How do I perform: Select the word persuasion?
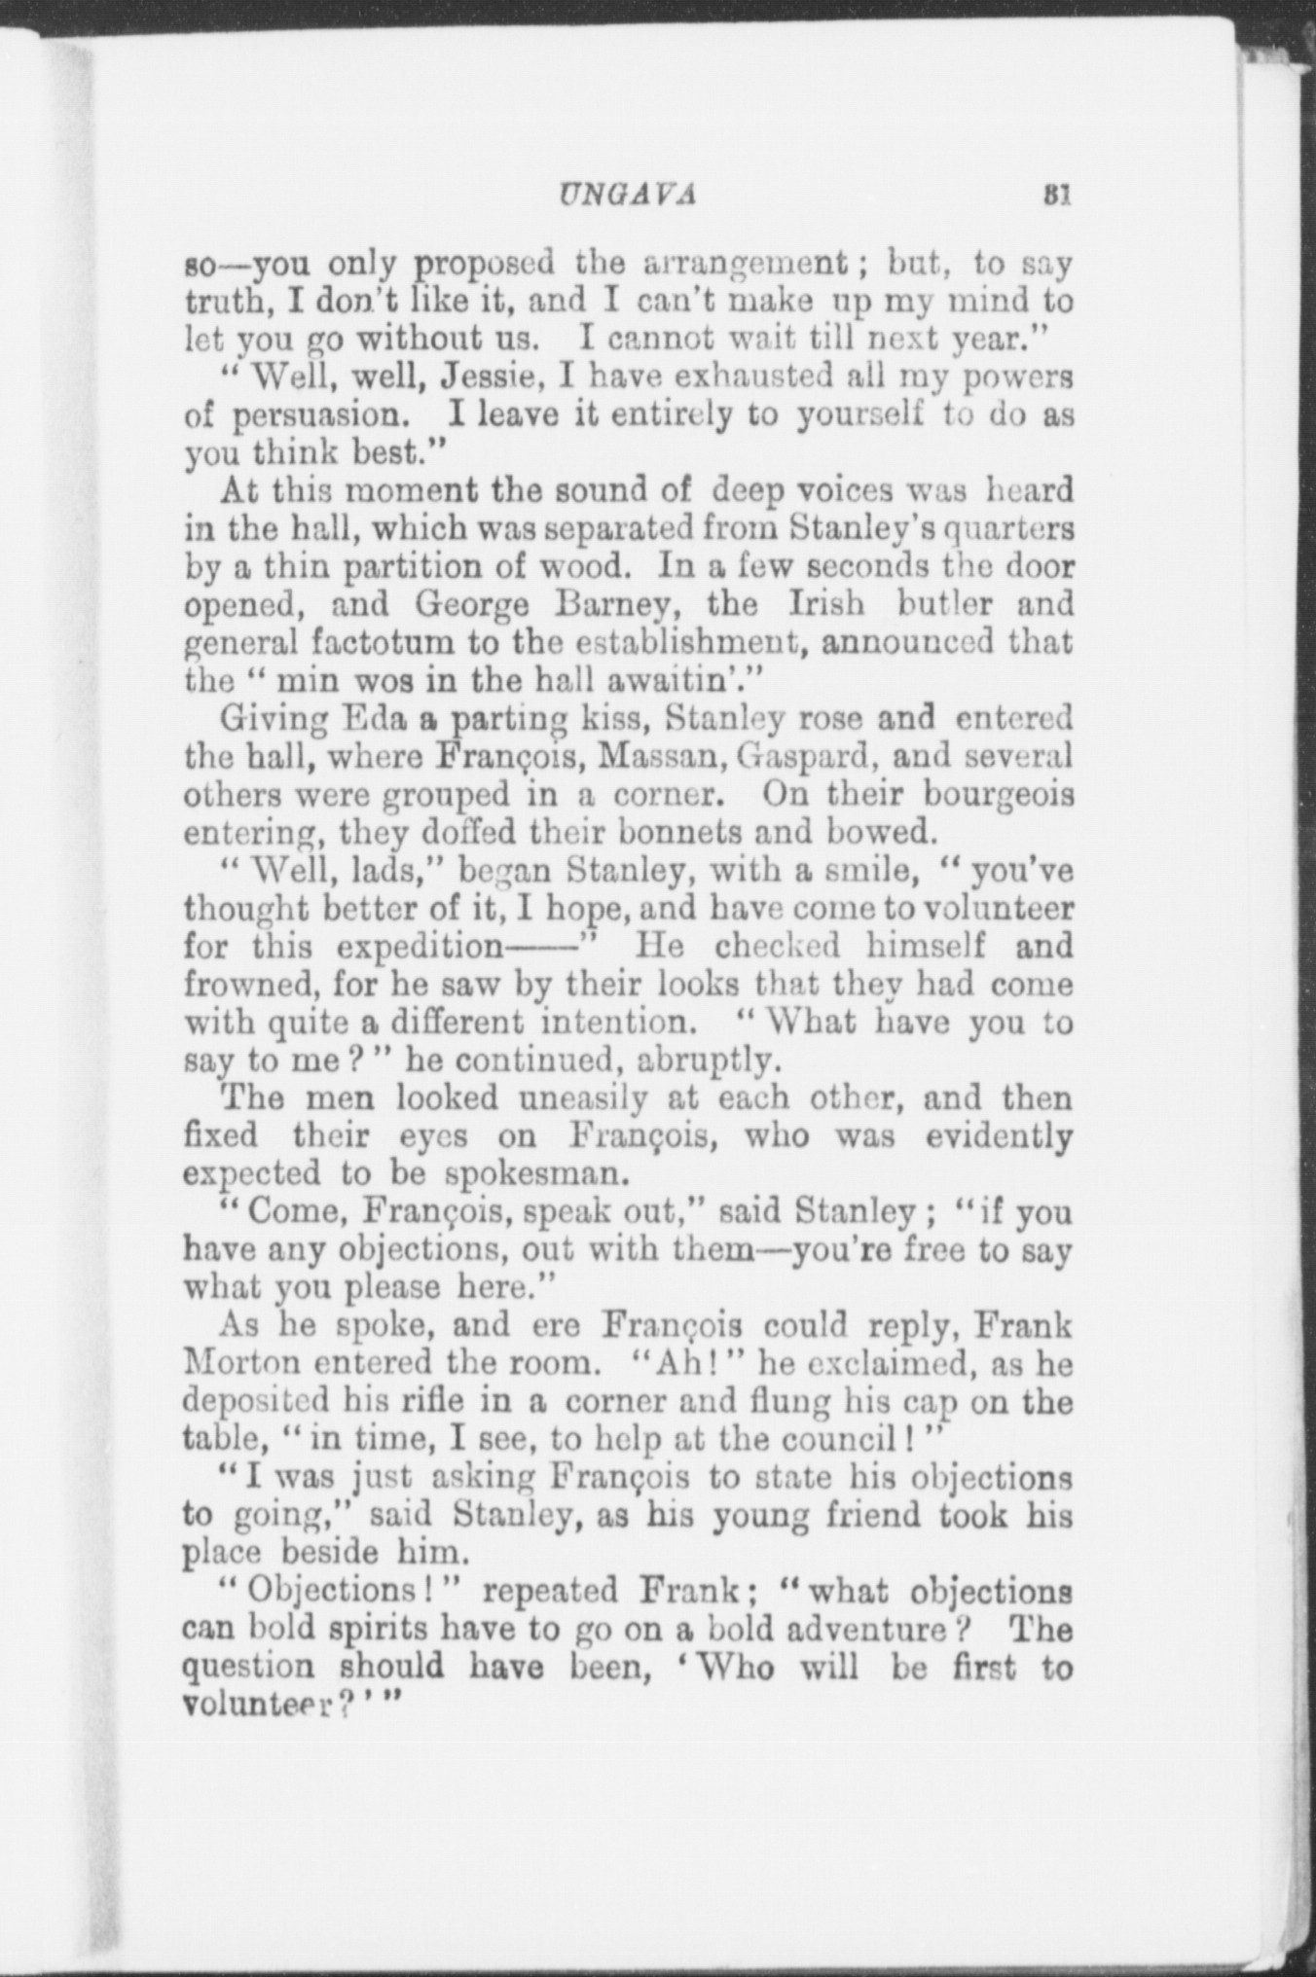click(x=315, y=415)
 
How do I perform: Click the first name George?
click(x=472, y=604)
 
